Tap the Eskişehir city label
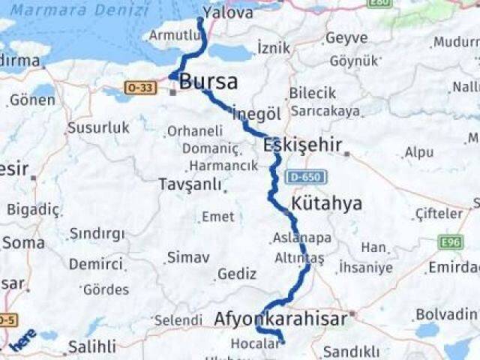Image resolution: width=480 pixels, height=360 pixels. click(302, 145)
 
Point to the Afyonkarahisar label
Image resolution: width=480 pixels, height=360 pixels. click(280, 319)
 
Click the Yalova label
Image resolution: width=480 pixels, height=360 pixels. click(228, 13)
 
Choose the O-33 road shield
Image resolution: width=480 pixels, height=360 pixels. click(139, 88)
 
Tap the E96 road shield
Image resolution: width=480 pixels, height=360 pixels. click(451, 242)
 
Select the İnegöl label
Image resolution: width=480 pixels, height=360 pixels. click(256, 113)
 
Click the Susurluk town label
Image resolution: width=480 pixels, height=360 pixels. click(99, 127)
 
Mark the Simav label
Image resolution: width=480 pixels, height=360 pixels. click(187, 257)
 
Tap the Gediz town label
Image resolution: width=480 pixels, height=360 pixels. click(236, 274)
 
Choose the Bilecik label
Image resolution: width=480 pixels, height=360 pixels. click(313, 93)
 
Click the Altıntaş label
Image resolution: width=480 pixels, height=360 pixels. click(299, 257)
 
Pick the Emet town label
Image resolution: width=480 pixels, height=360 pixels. click(217, 217)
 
